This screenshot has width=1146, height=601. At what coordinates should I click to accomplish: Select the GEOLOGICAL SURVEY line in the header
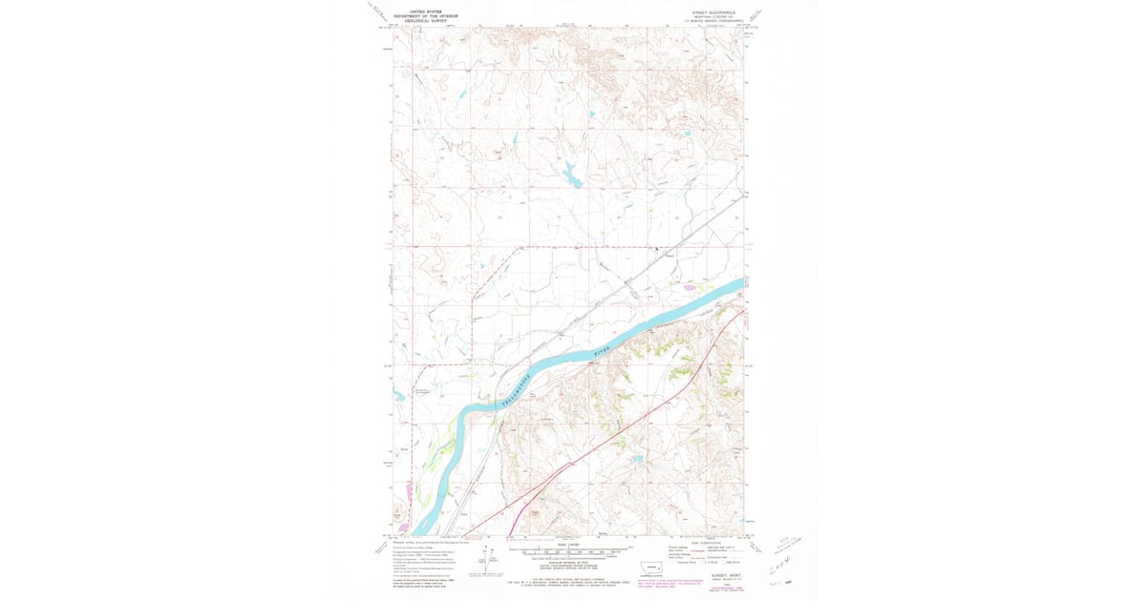click(426, 20)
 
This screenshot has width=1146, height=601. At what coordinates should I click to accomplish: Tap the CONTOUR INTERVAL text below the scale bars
click(570, 565)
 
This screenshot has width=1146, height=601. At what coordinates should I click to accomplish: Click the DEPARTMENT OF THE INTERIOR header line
click(426, 15)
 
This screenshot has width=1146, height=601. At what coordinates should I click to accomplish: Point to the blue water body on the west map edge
click(397, 393)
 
